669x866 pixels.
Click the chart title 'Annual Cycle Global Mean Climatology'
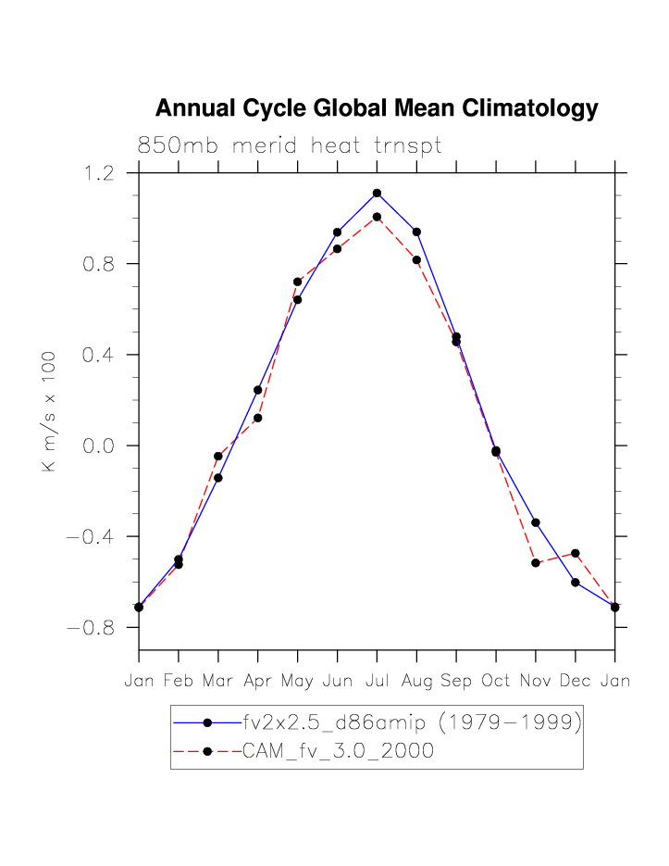377,109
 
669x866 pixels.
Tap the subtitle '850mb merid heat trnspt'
289,146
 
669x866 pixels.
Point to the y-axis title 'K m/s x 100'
50,411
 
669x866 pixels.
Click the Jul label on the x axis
377,681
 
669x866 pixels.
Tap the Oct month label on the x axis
496,681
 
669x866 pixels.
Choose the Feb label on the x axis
179,681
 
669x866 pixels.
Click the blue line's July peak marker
377,193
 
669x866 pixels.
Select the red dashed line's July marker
377,217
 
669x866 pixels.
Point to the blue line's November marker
536,523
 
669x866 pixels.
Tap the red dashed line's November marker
536,562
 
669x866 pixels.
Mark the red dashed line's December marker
576,553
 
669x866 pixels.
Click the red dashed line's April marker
258,418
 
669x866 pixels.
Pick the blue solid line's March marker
218,478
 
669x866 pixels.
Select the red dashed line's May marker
297,282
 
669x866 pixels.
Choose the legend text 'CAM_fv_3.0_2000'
338,751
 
